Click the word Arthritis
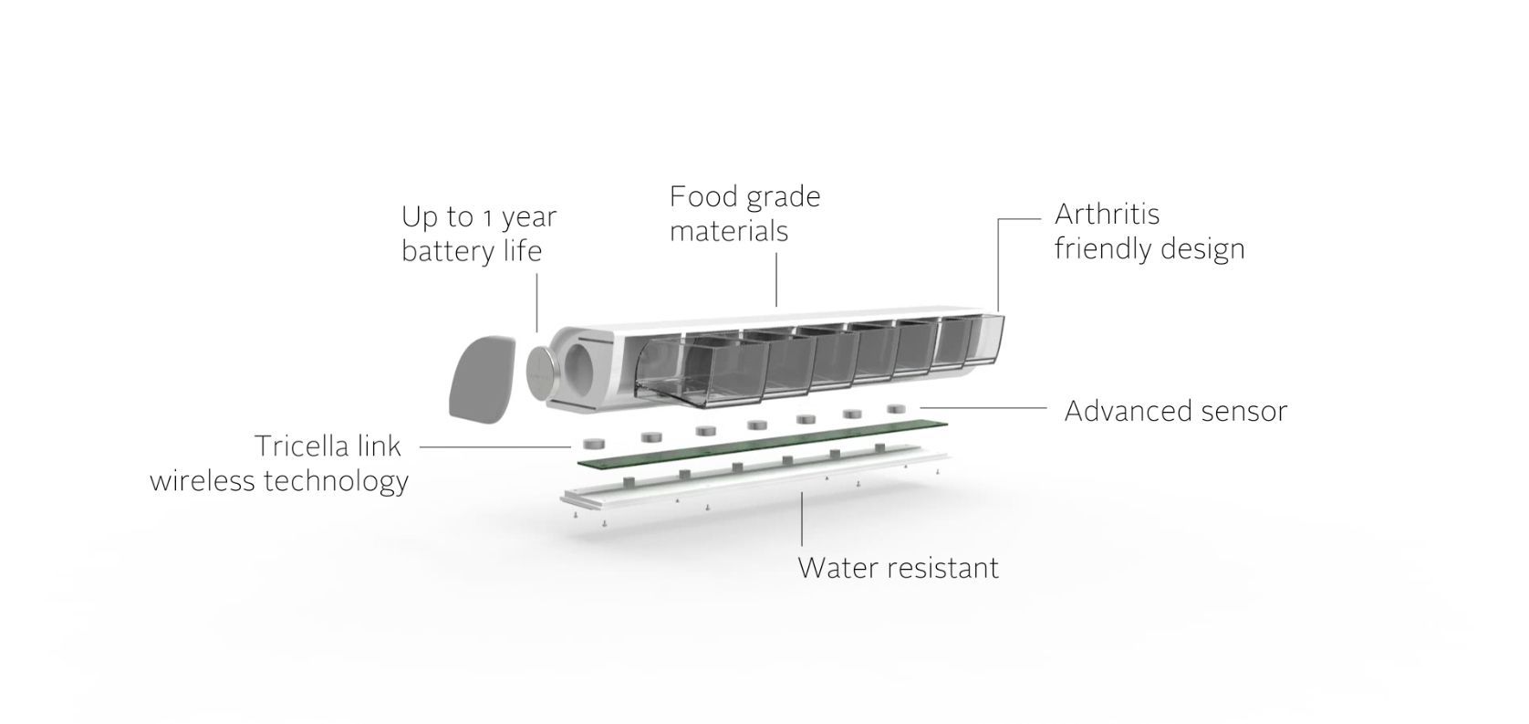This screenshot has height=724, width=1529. click(1107, 215)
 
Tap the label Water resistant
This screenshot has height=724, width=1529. click(899, 568)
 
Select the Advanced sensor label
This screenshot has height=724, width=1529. click(1175, 411)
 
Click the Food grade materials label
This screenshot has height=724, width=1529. click(744, 214)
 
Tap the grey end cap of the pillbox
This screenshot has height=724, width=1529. click(481, 378)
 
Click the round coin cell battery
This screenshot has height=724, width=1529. click(543, 372)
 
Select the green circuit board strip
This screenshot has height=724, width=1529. click(763, 445)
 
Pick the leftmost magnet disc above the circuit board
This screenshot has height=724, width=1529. click(594, 444)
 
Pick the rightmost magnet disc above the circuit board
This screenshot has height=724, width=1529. click(896, 408)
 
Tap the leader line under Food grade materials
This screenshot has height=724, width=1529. click(776, 280)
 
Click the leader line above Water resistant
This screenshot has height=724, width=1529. click(801, 519)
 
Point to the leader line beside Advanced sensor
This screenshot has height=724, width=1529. click(983, 408)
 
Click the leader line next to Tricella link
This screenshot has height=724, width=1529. click(494, 447)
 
